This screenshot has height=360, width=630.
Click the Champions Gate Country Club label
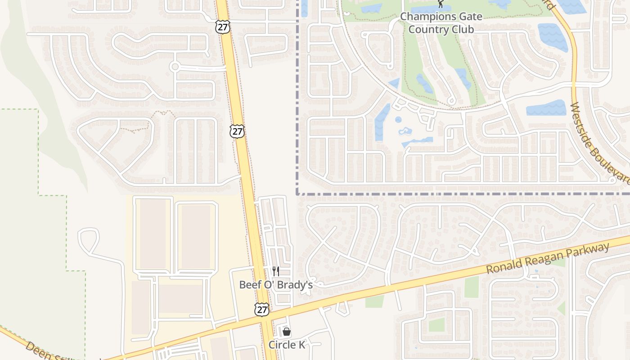tap(441, 23)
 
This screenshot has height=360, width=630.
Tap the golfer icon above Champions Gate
tap(441, 4)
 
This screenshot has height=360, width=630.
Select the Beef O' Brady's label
tap(275, 284)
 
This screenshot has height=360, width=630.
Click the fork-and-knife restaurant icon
tap(275, 271)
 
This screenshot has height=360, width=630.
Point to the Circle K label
tap(287, 345)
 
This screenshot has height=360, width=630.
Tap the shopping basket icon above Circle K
tap(287, 332)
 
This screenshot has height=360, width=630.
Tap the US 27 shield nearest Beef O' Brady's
tap(261, 309)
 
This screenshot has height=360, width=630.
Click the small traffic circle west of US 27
tap(175, 67)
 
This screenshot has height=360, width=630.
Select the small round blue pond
tap(398, 120)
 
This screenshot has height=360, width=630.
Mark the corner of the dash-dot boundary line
tap(297, 194)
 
